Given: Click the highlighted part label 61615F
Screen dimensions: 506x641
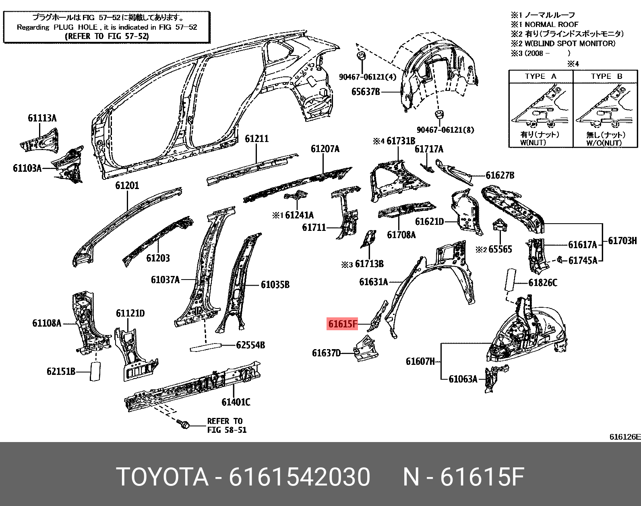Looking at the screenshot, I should pyautogui.click(x=342, y=324).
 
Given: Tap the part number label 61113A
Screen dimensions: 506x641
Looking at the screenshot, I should pyautogui.click(x=42, y=118).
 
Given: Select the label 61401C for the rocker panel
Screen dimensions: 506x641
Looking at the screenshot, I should pyautogui.click(x=236, y=402).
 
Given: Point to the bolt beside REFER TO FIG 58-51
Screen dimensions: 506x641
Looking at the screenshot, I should pyautogui.click(x=183, y=424).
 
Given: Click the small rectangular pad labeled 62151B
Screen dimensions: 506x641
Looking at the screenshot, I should pyautogui.click(x=95, y=371).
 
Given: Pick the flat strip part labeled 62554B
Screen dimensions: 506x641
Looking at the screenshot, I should pyautogui.click(x=206, y=347).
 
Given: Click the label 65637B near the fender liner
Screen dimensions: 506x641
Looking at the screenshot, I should pyautogui.click(x=365, y=92).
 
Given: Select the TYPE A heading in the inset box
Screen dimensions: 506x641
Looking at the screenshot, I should pyautogui.click(x=540, y=76).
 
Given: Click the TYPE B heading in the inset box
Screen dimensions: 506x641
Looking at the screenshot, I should pyautogui.click(x=606, y=76).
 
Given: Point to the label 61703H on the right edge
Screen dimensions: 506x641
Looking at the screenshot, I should pyautogui.click(x=622, y=241).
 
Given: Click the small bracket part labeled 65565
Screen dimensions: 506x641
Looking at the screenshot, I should pyautogui.click(x=500, y=226).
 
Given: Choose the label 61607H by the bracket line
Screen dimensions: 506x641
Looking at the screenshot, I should pyautogui.click(x=420, y=361).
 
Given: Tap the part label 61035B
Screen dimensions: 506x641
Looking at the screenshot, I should pyautogui.click(x=275, y=285).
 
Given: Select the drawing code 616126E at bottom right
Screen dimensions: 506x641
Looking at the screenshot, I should pyautogui.click(x=624, y=437).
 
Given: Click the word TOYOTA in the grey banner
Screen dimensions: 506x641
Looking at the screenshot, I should pyautogui.click(x=162, y=477).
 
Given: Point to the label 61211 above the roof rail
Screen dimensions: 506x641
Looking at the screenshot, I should pyautogui.click(x=256, y=139).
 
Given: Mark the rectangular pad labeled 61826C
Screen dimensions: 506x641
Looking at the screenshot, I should pyautogui.click(x=510, y=280).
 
